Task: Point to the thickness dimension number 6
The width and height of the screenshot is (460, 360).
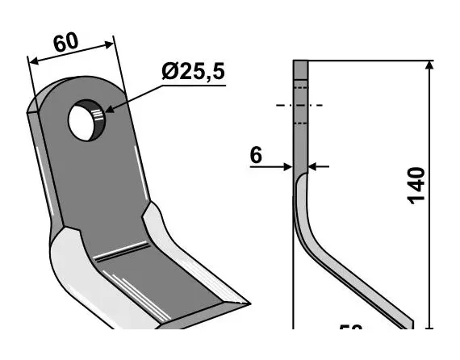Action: pyautogui.click(x=257, y=155)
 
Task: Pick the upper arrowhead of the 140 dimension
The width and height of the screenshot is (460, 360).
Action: pyautogui.click(x=428, y=65)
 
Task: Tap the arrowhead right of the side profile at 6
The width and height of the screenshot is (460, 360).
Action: pyautogui.click(x=314, y=167)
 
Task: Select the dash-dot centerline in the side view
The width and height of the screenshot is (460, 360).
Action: pyautogui.click(x=299, y=105)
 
